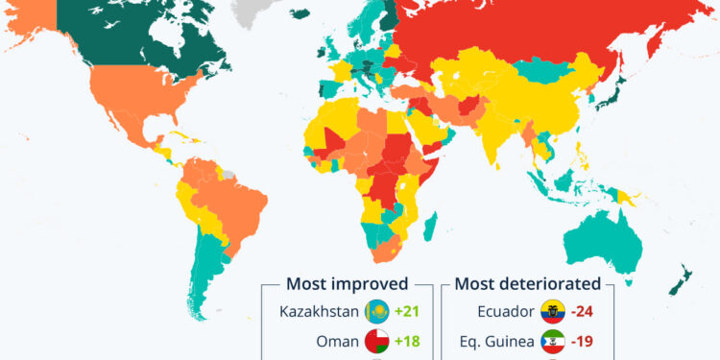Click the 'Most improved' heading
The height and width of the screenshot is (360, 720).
347,283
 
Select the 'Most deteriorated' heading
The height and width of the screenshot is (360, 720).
527,283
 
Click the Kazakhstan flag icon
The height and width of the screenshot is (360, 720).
376,311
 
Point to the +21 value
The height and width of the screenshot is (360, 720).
408,311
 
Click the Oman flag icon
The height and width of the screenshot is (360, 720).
376,341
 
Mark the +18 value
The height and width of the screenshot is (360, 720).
408,341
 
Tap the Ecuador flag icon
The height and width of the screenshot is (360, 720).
552,311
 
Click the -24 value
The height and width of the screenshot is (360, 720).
583,311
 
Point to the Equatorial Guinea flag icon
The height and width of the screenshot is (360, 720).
552,341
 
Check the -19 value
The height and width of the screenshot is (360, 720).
583,341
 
